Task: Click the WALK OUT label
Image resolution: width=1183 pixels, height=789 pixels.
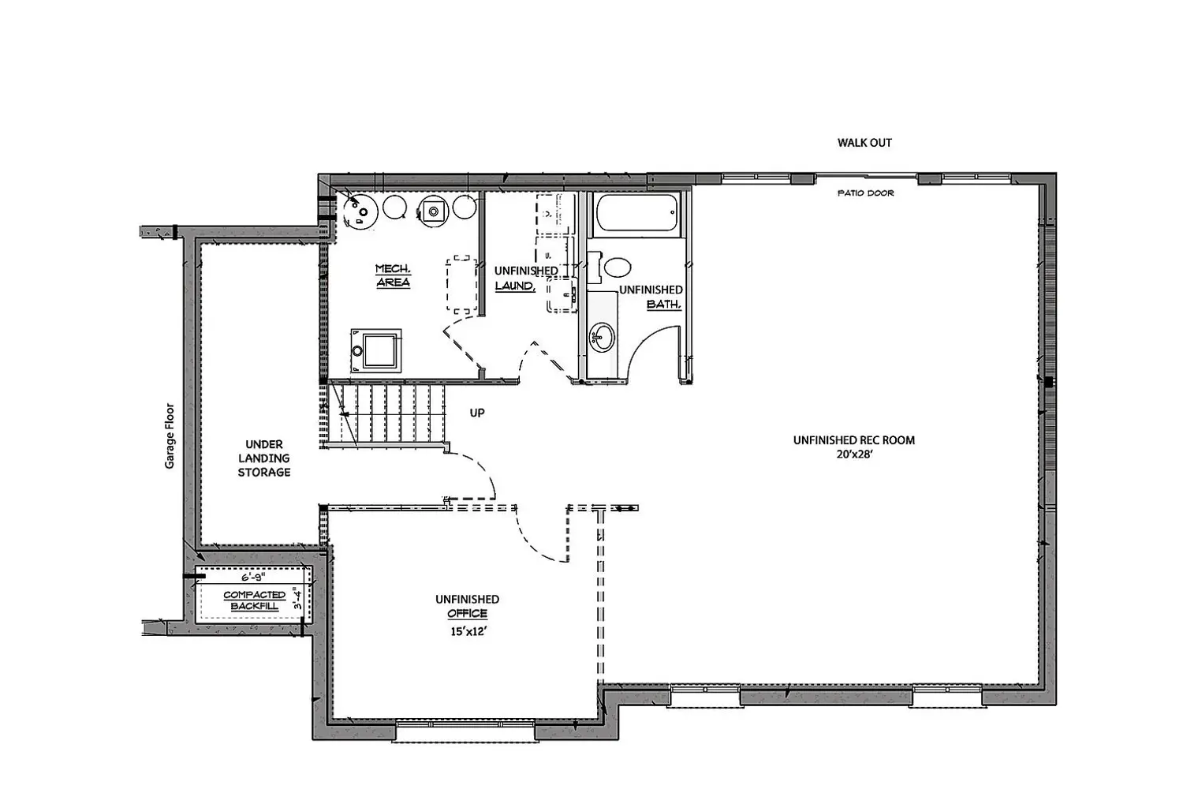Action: (x=864, y=143)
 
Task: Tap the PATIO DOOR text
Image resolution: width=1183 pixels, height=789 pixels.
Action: (x=866, y=193)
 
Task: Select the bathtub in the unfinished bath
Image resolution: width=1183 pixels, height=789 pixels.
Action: (x=636, y=213)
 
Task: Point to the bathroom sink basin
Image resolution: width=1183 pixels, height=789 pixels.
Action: (x=603, y=337)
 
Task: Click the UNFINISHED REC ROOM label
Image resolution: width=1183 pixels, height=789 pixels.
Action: (x=854, y=440)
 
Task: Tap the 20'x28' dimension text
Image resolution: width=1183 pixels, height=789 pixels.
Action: (x=854, y=454)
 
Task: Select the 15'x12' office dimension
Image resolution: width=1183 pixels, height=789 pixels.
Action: (x=468, y=631)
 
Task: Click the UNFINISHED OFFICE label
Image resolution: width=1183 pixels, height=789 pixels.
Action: (x=468, y=606)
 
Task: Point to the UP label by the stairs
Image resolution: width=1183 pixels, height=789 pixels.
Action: (x=477, y=413)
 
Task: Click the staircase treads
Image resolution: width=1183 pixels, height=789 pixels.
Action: (x=386, y=413)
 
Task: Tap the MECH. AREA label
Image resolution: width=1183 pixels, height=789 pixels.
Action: (x=393, y=275)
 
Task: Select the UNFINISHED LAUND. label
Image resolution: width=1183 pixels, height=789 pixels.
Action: (x=526, y=279)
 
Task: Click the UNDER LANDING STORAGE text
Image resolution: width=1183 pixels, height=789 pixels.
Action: (x=264, y=458)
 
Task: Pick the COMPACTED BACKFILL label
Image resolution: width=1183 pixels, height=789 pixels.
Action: (x=254, y=600)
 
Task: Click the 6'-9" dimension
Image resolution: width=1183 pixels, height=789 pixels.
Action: (x=253, y=578)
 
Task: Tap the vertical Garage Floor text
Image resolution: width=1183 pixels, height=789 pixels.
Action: (x=170, y=436)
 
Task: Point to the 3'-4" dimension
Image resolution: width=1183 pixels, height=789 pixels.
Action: (x=298, y=599)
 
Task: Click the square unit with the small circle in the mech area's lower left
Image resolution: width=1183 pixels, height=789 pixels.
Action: (x=375, y=350)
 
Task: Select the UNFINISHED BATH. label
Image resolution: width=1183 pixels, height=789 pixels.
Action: (x=651, y=297)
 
